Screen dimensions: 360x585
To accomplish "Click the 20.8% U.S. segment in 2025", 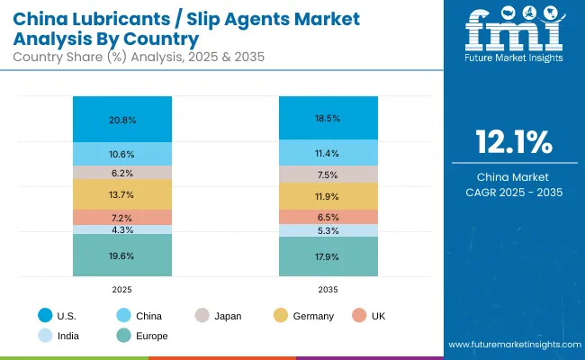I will [122, 119].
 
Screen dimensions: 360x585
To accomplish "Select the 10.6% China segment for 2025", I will [122, 154].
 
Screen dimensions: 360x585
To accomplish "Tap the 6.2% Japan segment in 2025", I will [122, 172].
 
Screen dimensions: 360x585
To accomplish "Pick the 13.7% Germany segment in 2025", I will [122, 194].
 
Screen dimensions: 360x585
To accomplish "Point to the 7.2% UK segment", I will [122, 218].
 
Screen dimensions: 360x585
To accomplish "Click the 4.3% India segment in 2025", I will [122, 229].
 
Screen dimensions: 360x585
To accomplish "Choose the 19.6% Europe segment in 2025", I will [122, 255].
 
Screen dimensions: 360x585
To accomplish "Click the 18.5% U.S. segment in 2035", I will [328, 117].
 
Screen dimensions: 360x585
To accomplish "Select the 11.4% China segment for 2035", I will [328, 152].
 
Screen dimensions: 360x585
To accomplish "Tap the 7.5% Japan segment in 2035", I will [328, 175].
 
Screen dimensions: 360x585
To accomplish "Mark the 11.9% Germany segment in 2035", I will [328, 196].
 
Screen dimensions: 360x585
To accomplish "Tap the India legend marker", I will [44, 336].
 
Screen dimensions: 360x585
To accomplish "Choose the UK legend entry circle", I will [360, 316].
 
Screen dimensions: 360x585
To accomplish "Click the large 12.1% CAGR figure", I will [513, 143].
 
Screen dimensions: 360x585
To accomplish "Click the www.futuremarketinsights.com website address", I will [511, 346].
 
